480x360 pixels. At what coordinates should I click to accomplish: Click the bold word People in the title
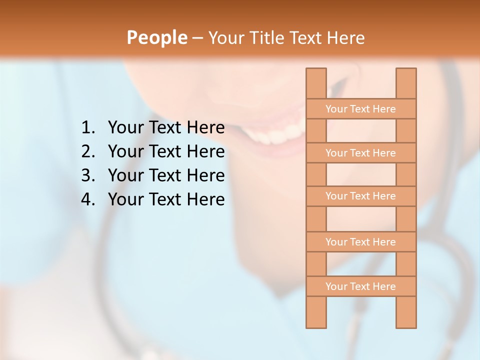(156, 38)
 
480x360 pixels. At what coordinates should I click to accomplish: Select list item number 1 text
(166, 128)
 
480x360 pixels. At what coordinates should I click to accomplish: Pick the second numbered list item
(166, 151)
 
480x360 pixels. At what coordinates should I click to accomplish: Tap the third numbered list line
(166, 175)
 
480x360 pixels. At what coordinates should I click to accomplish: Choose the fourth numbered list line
(166, 199)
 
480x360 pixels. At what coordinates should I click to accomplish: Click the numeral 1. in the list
(87, 128)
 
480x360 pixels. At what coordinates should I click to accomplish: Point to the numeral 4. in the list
(87, 199)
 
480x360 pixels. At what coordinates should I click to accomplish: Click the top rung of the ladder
(360, 109)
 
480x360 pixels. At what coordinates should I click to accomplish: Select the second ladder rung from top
(360, 153)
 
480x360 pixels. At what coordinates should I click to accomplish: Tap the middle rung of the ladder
(360, 196)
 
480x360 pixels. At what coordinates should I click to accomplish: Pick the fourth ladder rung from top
(360, 242)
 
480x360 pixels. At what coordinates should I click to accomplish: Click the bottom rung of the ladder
(360, 286)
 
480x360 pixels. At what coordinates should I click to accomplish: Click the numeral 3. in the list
(87, 175)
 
